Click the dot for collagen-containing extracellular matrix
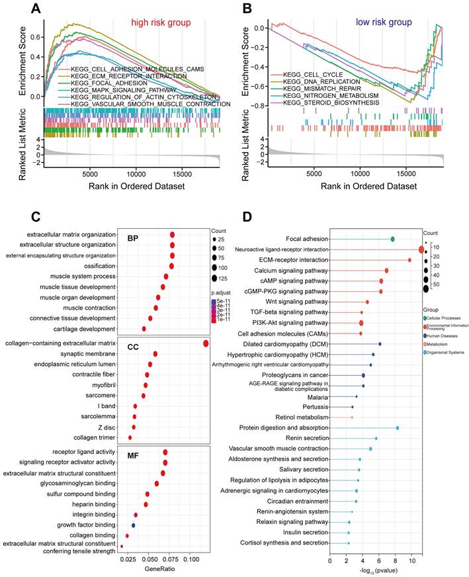click(206, 343)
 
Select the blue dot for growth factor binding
click(133, 525)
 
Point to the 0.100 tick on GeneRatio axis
click(191, 558)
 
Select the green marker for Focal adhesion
click(392, 239)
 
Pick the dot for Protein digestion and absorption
click(397, 428)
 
